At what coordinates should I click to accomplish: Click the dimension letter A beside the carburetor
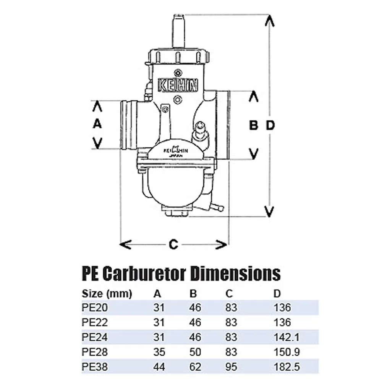(x=97, y=124)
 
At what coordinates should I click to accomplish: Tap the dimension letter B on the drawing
(x=253, y=125)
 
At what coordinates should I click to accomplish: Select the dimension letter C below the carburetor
(x=174, y=244)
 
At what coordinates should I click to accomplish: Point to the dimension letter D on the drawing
(x=270, y=125)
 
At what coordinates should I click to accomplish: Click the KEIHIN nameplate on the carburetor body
(x=178, y=85)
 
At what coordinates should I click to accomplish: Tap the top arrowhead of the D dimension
(x=270, y=21)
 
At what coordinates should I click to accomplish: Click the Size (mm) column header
(x=107, y=294)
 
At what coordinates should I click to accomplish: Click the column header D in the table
(x=277, y=294)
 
